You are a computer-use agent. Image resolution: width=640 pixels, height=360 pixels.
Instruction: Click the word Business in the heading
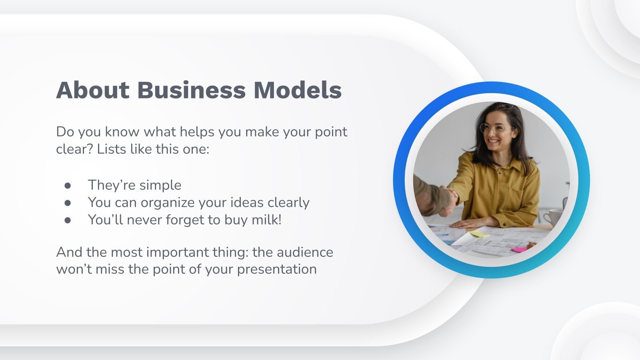(x=191, y=90)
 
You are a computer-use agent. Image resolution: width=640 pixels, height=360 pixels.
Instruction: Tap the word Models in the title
(x=298, y=90)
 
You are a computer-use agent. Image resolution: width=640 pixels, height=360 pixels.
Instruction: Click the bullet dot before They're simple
(x=68, y=186)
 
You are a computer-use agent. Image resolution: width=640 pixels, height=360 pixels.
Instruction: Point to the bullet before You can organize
(x=68, y=203)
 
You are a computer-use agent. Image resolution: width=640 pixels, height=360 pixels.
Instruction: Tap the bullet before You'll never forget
(x=68, y=220)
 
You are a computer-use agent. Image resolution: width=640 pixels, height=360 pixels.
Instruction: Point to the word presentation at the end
(x=277, y=270)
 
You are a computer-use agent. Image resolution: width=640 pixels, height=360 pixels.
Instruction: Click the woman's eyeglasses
(x=496, y=129)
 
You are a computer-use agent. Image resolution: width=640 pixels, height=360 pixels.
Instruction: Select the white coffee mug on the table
(x=554, y=217)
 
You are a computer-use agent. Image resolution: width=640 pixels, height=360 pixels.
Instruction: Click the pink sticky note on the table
(x=519, y=250)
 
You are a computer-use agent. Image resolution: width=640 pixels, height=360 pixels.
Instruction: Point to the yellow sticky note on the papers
(x=479, y=234)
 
